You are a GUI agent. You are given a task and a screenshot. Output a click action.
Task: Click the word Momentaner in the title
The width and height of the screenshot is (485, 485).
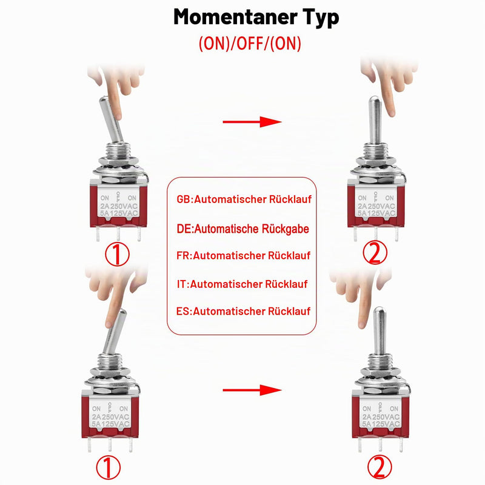point(235,17)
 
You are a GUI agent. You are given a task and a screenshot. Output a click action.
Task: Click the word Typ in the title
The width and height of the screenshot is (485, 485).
point(321,19)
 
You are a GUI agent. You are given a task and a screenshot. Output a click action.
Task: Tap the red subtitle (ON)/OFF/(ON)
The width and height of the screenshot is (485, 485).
point(250,44)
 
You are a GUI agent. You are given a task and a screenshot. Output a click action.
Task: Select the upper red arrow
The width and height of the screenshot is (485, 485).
point(252,122)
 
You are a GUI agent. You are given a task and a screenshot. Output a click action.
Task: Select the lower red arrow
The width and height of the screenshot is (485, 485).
point(252,390)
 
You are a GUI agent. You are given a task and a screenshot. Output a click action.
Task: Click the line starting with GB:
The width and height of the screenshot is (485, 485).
point(244,199)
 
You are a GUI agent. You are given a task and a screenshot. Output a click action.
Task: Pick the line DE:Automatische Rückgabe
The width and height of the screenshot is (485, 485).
point(243,229)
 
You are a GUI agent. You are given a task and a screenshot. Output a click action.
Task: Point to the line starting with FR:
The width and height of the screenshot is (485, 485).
point(244,255)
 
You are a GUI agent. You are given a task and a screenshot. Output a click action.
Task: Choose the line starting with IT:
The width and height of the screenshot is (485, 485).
point(242,284)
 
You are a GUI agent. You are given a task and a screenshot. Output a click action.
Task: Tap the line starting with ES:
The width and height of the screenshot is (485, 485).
point(244,311)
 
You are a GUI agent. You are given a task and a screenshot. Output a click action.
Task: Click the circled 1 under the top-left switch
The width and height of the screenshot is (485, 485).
point(117,255)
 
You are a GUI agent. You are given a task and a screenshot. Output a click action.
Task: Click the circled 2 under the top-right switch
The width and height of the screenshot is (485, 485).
point(375,253)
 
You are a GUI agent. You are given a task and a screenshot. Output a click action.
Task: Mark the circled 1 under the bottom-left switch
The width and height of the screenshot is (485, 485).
point(109,467)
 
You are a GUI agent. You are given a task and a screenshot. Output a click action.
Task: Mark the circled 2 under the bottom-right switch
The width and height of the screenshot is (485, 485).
point(380,467)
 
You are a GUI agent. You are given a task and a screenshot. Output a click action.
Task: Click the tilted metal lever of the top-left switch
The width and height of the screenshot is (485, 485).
point(111,119)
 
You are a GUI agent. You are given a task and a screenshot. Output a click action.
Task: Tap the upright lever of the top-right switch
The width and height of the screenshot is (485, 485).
point(375,120)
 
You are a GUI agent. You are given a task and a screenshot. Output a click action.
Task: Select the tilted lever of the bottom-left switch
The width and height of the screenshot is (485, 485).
point(115,331)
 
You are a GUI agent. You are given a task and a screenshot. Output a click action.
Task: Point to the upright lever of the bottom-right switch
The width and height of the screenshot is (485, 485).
point(380,331)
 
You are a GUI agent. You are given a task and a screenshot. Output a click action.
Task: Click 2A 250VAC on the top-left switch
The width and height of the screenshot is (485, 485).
point(119,206)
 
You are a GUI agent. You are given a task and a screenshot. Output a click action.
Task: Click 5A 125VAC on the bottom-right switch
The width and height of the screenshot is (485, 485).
point(381,424)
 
